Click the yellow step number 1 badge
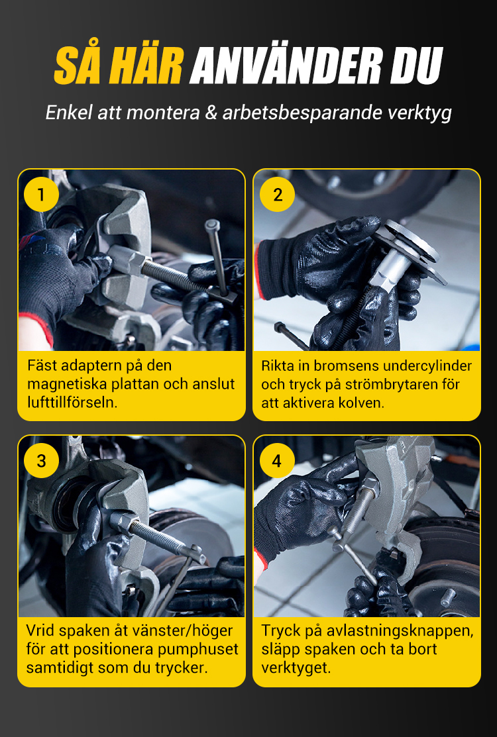pos(41,194)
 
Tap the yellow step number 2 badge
pos(278,194)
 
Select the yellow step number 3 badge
pos(41,461)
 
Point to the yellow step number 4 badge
pos(278,461)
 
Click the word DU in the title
pos(415,66)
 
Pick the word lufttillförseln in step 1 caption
pos(72,403)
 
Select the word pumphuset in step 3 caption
pos(198,650)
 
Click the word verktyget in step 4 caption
pos(296,668)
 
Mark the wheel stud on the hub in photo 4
pos(447,597)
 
